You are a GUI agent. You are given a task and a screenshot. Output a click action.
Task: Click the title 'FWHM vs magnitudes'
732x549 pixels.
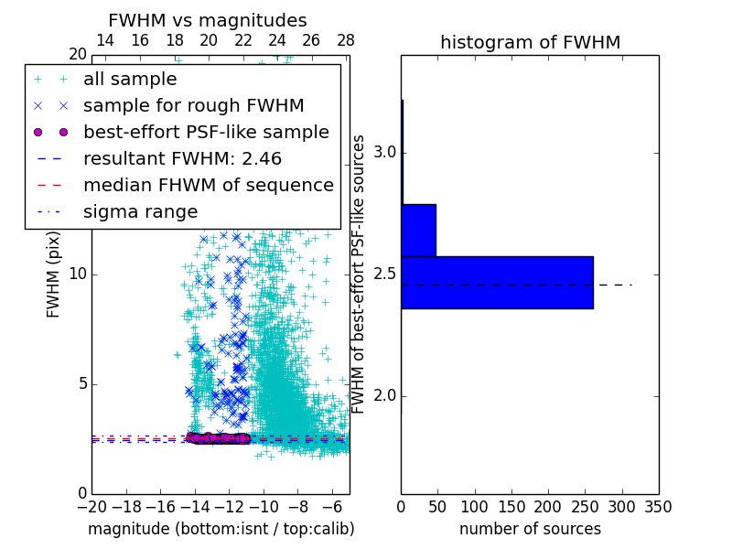pos(207,20)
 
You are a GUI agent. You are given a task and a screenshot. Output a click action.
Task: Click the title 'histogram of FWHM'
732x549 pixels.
pos(530,42)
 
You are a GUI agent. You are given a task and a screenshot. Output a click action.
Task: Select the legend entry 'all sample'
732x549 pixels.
pos(130,79)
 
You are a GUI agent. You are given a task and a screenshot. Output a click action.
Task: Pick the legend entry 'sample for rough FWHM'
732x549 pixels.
pos(193,105)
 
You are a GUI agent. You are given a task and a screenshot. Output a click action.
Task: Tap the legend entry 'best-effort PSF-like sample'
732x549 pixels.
pos(206,132)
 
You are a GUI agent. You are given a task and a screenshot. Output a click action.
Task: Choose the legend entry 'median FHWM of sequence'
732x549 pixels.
pos(208,185)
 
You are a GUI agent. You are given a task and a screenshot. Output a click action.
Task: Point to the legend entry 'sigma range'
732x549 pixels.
pos(140,211)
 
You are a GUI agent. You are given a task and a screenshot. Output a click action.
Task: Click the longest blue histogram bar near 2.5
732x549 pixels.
pos(497,282)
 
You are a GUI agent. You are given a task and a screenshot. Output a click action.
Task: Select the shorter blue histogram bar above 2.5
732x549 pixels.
pos(418,230)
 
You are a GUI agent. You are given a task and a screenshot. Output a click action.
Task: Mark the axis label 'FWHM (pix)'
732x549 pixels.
pos(53,274)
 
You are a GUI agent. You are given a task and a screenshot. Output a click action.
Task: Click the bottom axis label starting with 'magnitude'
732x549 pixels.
pos(221,529)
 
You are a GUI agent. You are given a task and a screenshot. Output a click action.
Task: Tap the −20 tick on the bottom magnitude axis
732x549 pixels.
pos(91,506)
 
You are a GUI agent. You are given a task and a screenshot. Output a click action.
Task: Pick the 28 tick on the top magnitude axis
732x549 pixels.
pos(346,40)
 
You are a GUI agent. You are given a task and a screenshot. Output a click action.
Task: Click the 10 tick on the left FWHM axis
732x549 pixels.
pos(78,274)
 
